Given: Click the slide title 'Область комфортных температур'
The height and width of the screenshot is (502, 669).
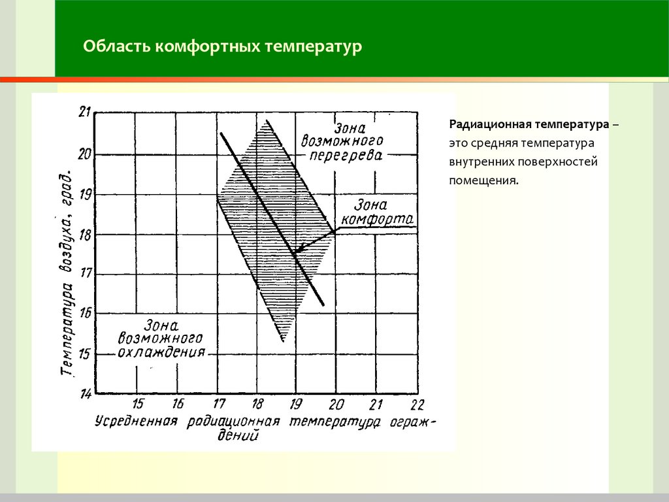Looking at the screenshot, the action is point(222,46).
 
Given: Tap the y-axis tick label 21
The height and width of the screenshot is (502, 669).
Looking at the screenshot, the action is point(84,112).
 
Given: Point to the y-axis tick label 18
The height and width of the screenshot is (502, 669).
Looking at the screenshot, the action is point(84,235).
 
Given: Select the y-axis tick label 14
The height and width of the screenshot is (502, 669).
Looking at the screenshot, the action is point(86,393).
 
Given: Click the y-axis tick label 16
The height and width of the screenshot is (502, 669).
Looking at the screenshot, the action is point(85,313).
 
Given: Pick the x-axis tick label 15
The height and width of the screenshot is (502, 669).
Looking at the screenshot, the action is point(137,403).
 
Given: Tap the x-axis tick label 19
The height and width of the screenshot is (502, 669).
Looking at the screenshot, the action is point(296,403).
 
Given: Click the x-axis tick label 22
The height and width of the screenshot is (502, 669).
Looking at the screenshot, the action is point(417,404).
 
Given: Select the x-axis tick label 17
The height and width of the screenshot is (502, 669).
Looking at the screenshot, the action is point(218,403).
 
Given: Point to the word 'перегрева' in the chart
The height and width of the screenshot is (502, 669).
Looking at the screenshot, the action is point(346,155).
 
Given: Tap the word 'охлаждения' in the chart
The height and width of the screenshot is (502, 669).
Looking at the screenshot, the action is point(161,352).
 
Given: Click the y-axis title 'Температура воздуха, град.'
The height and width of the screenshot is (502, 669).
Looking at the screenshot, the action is point(67,273).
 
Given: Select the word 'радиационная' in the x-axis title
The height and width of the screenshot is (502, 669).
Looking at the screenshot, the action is point(233,422).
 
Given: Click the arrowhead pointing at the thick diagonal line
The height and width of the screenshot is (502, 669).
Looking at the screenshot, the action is point(298,250).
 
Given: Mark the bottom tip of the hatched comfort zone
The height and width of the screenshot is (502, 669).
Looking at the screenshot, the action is point(283,341).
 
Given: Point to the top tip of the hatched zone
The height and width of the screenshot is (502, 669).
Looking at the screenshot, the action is point(267,121).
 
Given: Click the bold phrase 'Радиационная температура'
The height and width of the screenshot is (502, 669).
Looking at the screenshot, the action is point(529,125).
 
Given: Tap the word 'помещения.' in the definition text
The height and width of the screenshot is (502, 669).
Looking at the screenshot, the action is point(483,180).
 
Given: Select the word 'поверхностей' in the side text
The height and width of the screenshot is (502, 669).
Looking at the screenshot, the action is point(558,162).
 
